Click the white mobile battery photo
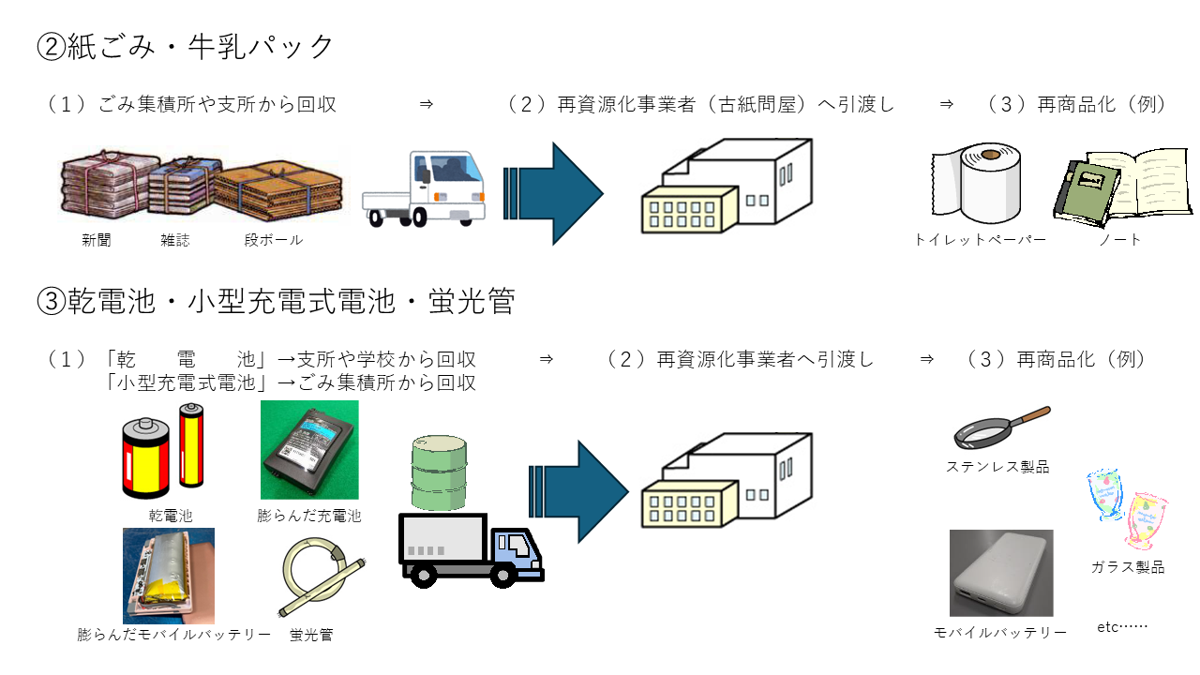pos(1001,572)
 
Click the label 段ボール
pos(273,240)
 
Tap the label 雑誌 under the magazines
pos(175,240)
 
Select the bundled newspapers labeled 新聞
pos(105,187)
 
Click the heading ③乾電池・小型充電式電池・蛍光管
pos(276,301)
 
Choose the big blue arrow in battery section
pos(577,491)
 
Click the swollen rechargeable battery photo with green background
pos(309,450)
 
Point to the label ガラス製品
pos(1127,567)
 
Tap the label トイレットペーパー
pos(980,240)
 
